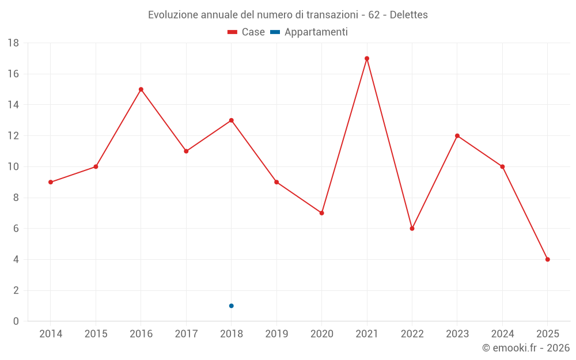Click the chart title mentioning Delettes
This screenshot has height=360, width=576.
pyautogui.click(x=288, y=14)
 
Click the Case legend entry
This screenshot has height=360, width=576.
pyautogui.click(x=246, y=32)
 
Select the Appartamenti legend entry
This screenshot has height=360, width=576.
pyautogui.click(x=309, y=32)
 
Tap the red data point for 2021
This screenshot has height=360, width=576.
pyautogui.click(x=367, y=58)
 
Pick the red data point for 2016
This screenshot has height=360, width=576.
pyautogui.click(x=141, y=89)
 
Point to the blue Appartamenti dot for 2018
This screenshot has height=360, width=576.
pyautogui.click(x=231, y=306)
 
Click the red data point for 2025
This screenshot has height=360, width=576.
pyautogui.click(x=548, y=259)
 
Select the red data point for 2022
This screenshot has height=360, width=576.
pyautogui.click(x=412, y=229)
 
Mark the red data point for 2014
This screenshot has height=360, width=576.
pyautogui.click(x=51, y=182)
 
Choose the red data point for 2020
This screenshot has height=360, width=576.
pyautogui.click(x=322, y=213)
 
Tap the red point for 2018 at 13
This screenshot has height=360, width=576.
pyautogui.click(x=231, y=120)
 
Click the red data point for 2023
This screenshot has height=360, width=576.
pyautogui.click(x=457, y=136)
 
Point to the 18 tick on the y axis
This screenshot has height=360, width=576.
pyautogui.click(x=13, y=43)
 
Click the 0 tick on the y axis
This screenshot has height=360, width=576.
pyautogui.click(x=16, y=321)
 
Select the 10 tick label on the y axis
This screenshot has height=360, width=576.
pyautogui.click(x=13, y=167)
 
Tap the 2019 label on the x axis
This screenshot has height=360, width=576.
pyautogui.click(x=276, y=334)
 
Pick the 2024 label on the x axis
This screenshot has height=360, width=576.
pyautogui.click(x=502, y=334)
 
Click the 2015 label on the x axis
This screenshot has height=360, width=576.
pyautogui.click(x=96, y=334)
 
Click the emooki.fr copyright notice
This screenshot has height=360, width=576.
pyautogui.click(x=525, y=348)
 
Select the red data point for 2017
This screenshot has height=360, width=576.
pyautogui.click(x=186, y=151)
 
